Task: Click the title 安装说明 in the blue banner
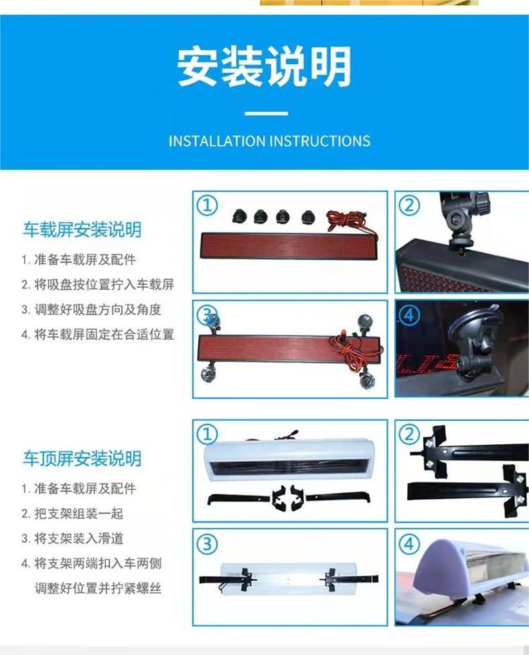pyautogui.click(x=264, y=67)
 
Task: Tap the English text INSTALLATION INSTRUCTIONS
pyautogui.click(x=269, y=141)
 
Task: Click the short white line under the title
pyautogui.click(x=266, y=114)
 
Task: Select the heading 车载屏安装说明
pyautogui.click(x=82, y=230)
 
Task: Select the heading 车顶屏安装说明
pyautogui.click(x=82, y=459)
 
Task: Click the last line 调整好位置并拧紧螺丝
pyautogui.click(x=98, y=589)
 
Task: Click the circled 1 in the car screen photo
pyautogui.click(x=207, y=205)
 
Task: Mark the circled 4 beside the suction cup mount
pyautogui.click(x=409, y=314)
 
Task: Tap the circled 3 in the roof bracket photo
pyautogui.click(x=207, y=544)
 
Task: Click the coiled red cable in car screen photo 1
pyautogui.click(x=348, y=224)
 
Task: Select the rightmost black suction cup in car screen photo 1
pyautogui.click(x=308, y=216)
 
